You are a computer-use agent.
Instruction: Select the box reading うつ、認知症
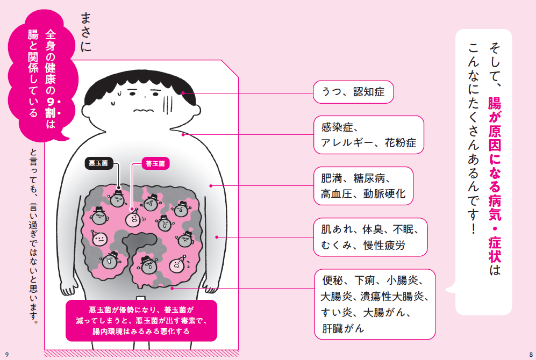click(353, 92)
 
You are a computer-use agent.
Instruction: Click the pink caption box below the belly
click(141, 321)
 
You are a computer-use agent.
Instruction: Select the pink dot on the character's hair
click(183, 93)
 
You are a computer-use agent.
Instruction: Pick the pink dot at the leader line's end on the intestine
click(171, 288)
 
